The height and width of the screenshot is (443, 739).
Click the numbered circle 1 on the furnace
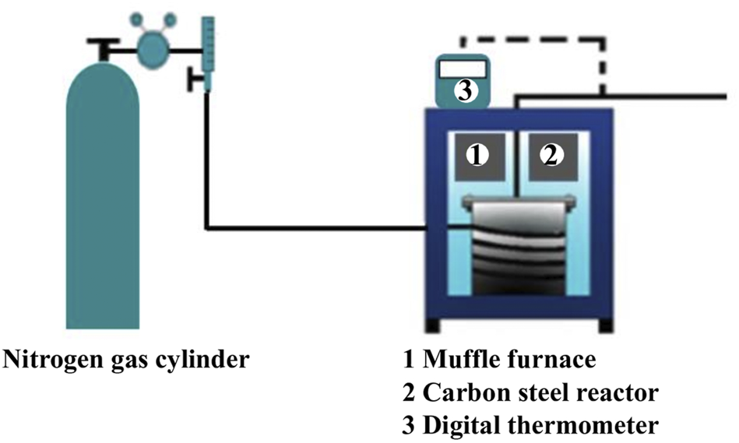click(x=477, y=156)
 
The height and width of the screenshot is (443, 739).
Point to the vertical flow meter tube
click(x=207, y=47)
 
